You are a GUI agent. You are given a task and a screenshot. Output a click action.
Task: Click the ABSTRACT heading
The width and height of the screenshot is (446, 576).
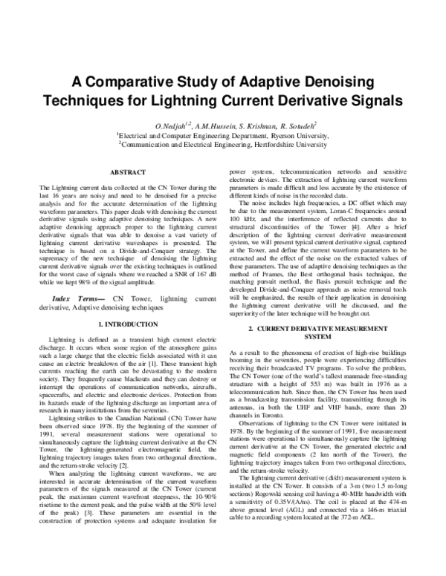pos(129,173)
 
